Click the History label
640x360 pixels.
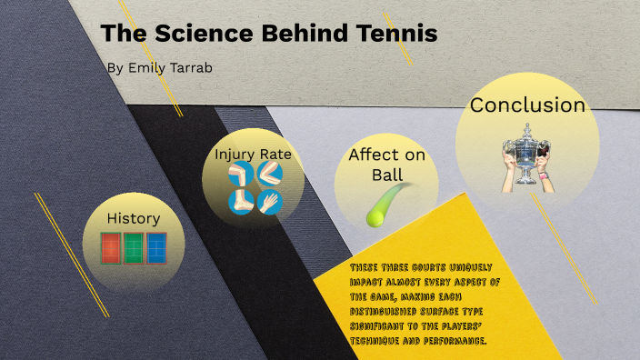coord(134,218)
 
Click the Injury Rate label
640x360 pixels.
coord(253,154)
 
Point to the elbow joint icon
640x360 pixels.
coord(268,175)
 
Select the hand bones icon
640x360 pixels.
coord(268,202)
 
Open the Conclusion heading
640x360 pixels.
coord(527,105)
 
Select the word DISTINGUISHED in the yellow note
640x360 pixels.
coord(385,312)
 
